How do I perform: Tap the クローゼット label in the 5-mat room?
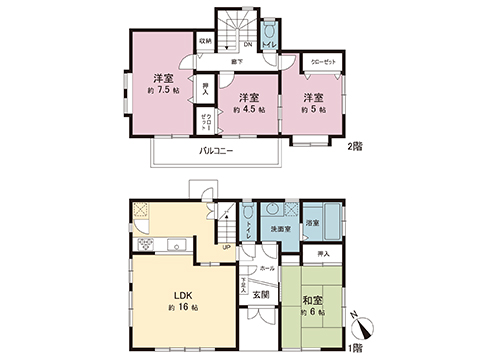[321, 61]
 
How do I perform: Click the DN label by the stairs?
[248, 44]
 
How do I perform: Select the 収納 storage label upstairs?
[204, 42]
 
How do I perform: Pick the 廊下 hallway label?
[237, 62]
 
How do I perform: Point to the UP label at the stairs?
[226, 248]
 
